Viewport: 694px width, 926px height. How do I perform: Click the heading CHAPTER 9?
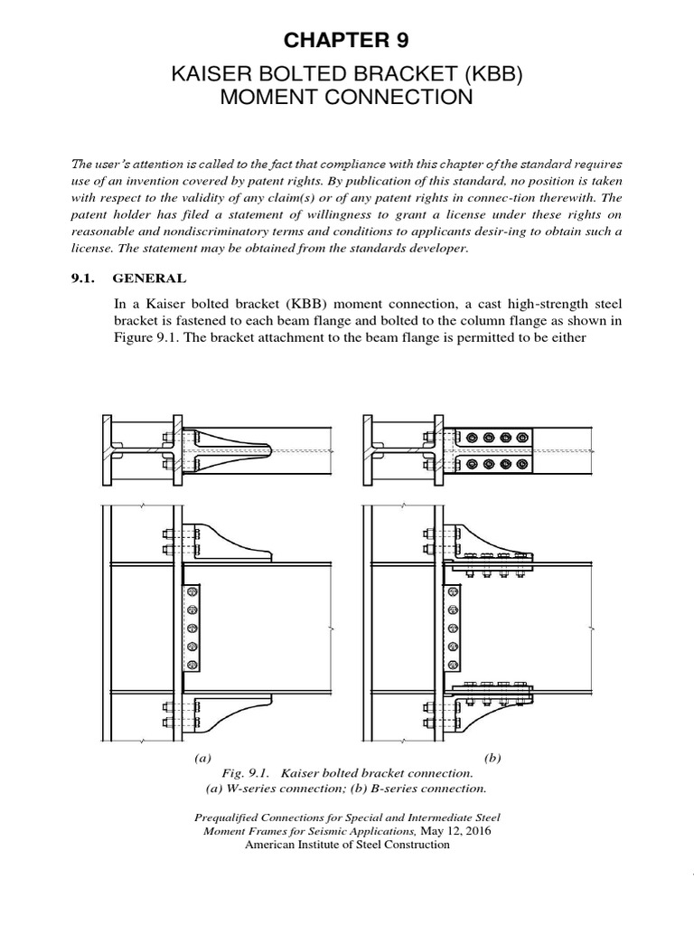point(346,40)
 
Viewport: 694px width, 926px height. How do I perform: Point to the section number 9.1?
point(83,279)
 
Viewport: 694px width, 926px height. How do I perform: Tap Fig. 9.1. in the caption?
point(245,774)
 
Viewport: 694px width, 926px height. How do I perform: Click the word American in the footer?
point(275,845)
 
